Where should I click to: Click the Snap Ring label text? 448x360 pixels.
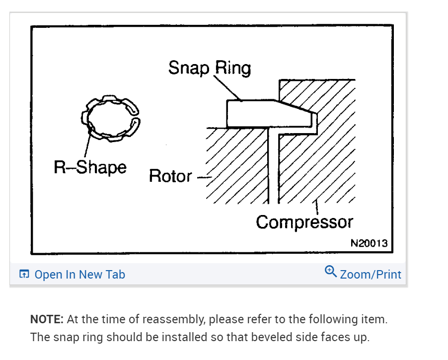209,68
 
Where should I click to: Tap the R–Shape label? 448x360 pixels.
90,167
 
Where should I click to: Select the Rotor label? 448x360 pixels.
170,176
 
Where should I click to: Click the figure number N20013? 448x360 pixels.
369,243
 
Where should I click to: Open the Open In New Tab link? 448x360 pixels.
79,275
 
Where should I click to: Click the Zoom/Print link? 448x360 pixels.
371,274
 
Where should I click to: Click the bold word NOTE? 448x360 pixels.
47,319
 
